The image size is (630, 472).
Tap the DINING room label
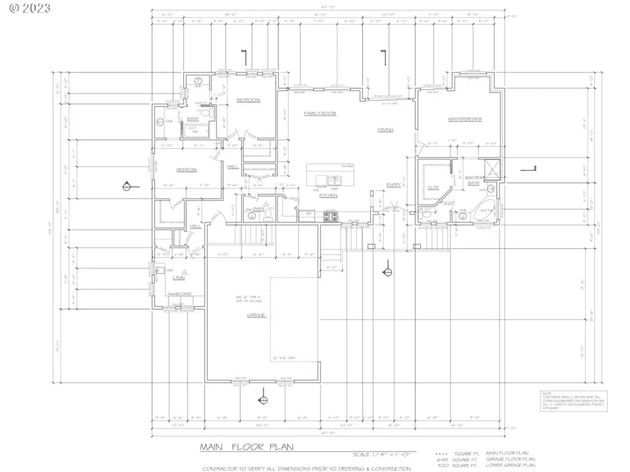point(385,130)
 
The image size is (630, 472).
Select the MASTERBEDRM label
point(465,119)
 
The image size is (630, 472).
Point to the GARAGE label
point(256,315)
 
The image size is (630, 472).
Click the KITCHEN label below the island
point(328,195)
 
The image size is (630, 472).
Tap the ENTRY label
point(394,184)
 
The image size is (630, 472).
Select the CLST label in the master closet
point(433,189)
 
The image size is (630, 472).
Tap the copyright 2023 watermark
point(26,9)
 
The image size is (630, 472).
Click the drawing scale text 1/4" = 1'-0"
point(384,454)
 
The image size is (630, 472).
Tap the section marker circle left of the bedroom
point(127,186)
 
